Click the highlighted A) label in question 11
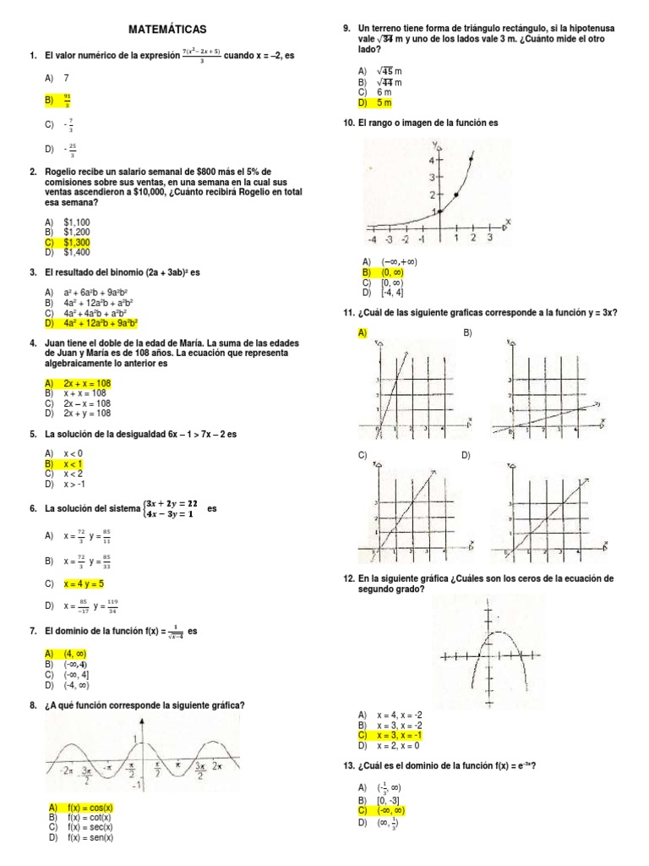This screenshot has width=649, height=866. [362, 333]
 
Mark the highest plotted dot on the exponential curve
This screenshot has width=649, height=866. [471, 157]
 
